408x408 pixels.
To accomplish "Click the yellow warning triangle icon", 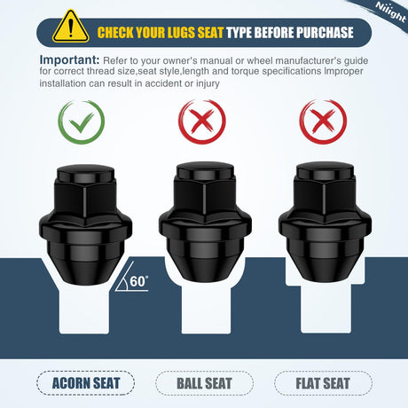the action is pos(71,27).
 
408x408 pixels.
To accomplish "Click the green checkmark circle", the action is pos(82,122).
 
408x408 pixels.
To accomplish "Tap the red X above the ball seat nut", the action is pos(202,122).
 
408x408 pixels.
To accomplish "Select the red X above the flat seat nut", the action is pos(323,122).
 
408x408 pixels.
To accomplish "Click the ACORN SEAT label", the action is pos(86,383).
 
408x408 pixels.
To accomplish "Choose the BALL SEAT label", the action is pos(204,383).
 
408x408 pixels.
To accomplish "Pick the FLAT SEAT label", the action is pos(323,383).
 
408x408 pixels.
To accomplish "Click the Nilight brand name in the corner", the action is pos(390,12).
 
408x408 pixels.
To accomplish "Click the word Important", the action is pos(69,59).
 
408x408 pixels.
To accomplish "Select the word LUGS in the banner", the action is pos(181,33).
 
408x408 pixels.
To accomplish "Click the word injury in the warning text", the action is pos(208,83).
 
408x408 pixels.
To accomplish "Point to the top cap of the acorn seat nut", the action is pos(85,174).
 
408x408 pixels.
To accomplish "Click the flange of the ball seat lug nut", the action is pos(205,225).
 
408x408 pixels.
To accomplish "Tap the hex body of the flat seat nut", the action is pos(325,197).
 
